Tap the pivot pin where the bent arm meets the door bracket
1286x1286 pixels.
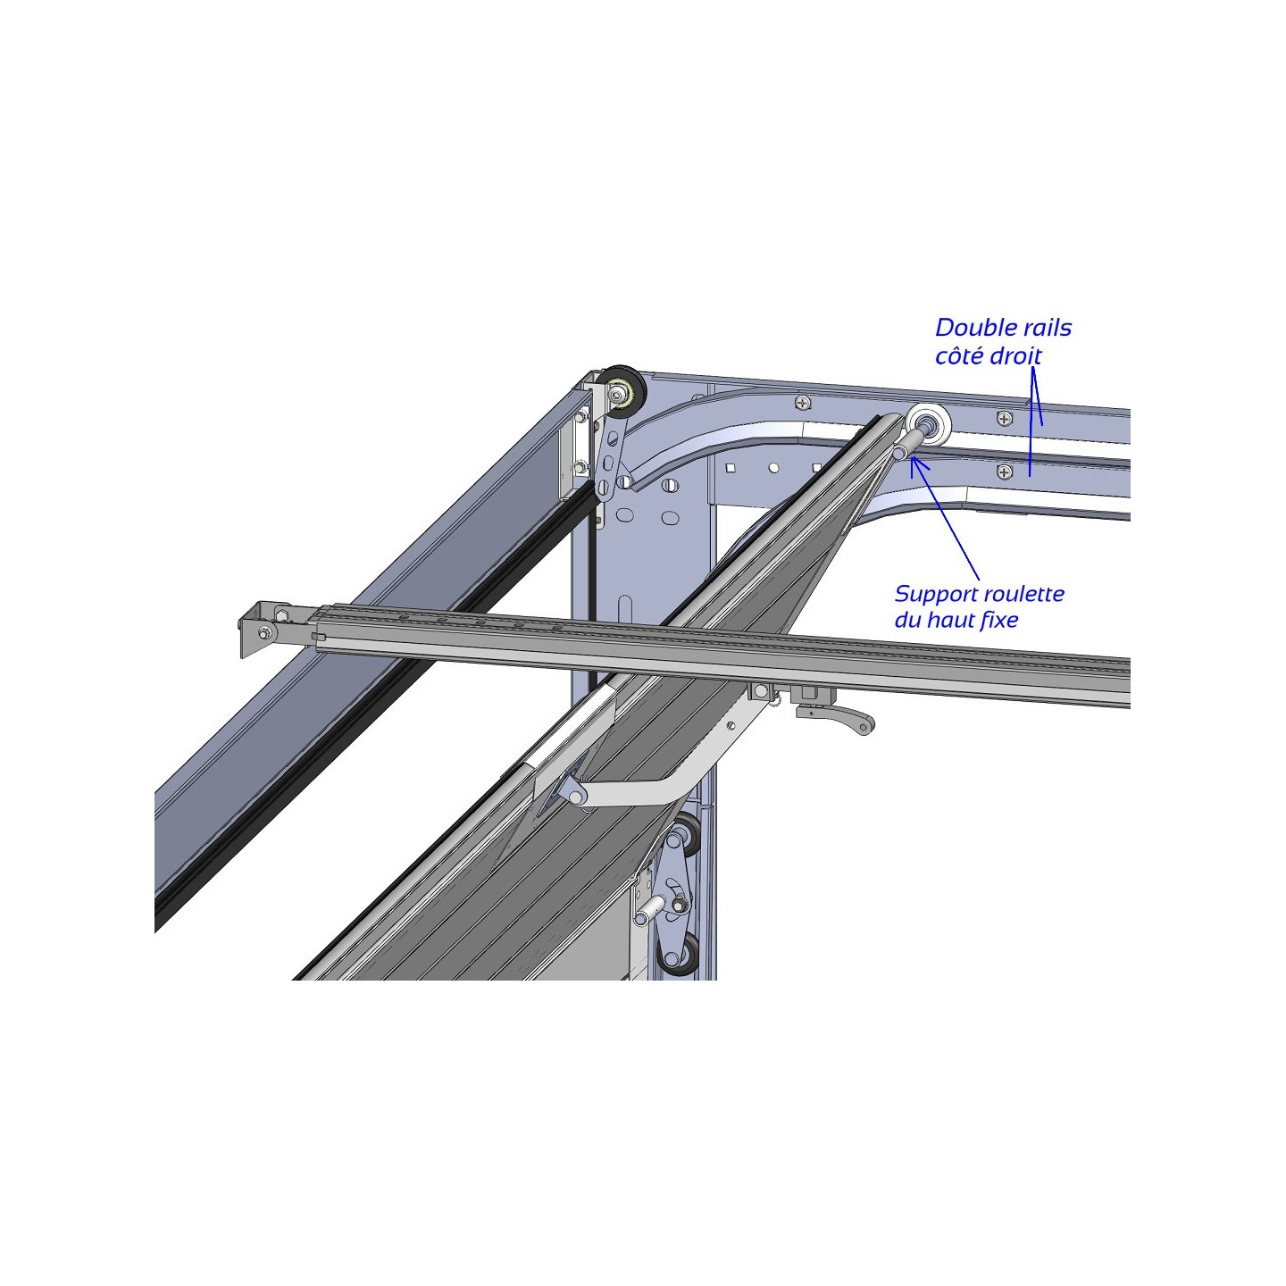tap(580, 796)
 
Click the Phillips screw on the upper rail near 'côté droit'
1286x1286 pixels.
tap(1005, 418)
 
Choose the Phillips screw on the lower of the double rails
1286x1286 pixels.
tap(1005, 472)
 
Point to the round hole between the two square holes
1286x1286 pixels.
tap(773, 468)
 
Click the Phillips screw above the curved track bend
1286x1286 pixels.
tap(803, 403)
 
